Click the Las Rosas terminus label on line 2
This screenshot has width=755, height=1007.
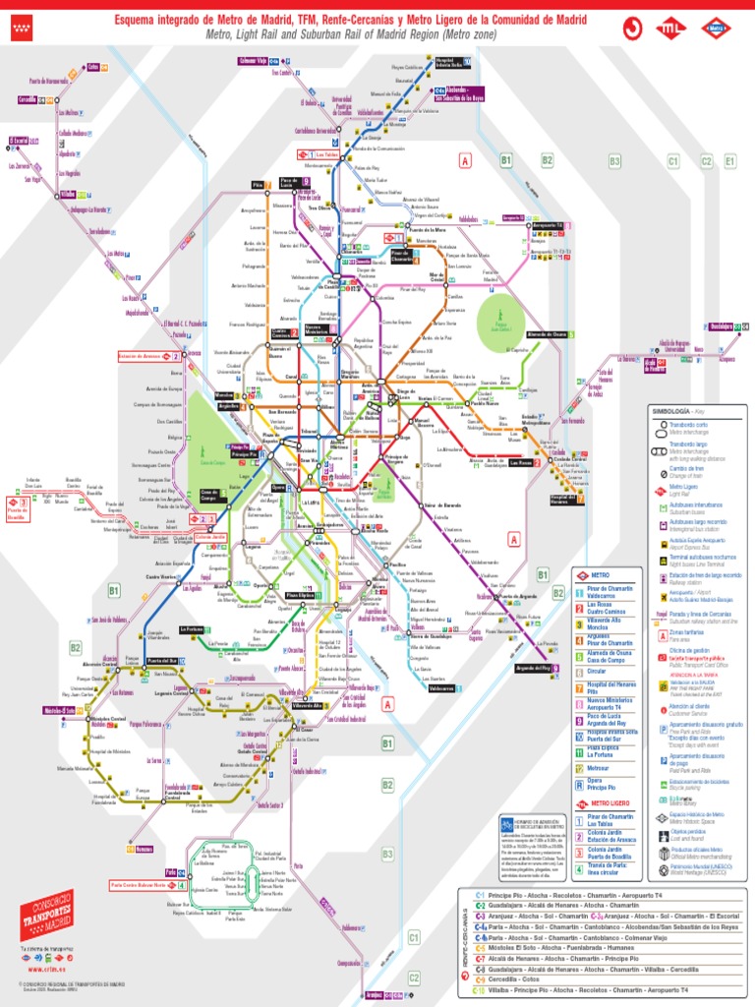coord(520,462)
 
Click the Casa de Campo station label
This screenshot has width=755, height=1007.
coord(213,496)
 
